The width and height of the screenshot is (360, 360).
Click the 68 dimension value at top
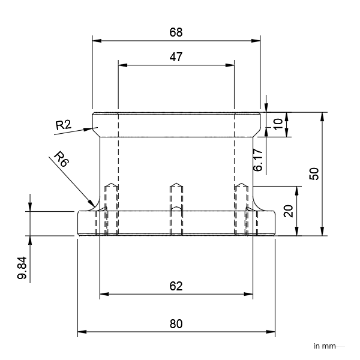pos(176,32)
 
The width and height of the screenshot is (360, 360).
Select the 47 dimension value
pos(176,57)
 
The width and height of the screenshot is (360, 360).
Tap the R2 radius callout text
pos(64,125)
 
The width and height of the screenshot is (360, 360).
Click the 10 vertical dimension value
pos(277,125)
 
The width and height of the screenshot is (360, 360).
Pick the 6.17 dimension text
pos(258,160)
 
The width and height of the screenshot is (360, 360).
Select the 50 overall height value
pos(313,173)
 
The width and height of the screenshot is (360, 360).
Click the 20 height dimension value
pos(288,211)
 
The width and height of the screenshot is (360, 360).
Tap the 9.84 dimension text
pos(22,268)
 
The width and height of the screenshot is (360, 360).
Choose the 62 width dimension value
pos(176,286)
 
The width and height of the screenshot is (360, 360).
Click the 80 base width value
pos(176,324)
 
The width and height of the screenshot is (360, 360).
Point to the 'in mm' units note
pos(324,346)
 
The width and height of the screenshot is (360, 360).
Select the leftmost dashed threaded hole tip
pos(110,184)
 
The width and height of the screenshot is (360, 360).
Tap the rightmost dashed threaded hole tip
pos(241,184)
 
